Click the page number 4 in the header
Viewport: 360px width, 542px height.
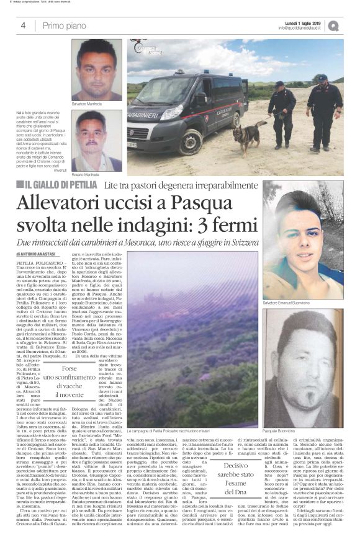(x=23, y=25)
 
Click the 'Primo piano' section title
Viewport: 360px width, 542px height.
(x=61, y=25)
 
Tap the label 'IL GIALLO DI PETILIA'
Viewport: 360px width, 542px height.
(x=62, y=184)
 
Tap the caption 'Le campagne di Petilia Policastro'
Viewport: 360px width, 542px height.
(x=168, y=430)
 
